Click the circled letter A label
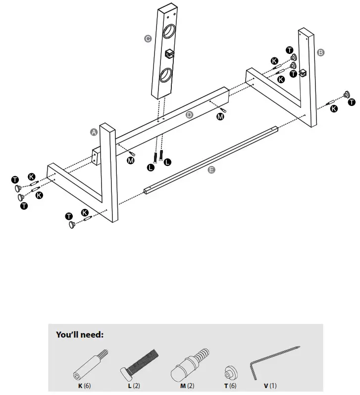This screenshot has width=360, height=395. [93, 132]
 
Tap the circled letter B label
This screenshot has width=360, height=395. [320, 52]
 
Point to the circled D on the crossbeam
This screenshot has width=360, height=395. [189, 115]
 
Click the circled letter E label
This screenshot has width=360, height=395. [211, 170]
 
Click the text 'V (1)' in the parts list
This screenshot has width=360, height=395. [270, 385]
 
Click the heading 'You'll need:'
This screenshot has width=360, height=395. [80, 335]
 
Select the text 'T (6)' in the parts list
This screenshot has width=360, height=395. [228, 385]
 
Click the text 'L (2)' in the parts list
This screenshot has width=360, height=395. [134, 385]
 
